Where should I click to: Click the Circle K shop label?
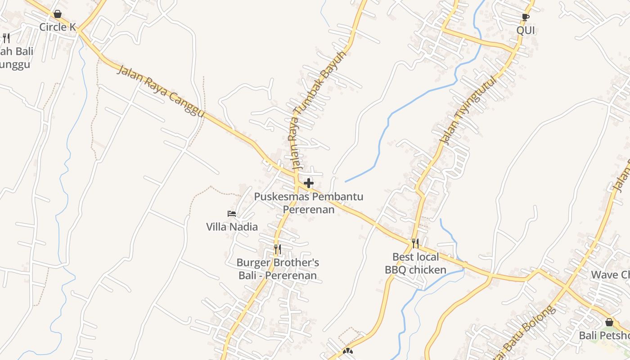pyautogui.click(x=58, y=27)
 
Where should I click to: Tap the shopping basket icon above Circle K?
pyautogui.click(x=58, y=14)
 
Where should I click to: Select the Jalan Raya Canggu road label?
pyautogui.click(x=161, y=91)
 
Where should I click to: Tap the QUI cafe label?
pyautogui.click(x=526, y=31)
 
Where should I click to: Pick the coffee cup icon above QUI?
pyautogui.click(x=525, y=18)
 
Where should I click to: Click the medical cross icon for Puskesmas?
pyautogui.click(x=309, y=183)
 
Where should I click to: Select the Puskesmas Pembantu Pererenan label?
pyautogui.click(x=309, y=203)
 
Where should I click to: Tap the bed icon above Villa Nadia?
pyautogui.click(x=232, y=213)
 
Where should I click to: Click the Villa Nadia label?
pyautogui.click(x=232, y=227)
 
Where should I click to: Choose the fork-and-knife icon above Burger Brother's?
pyautogui.click(x=278, y=249)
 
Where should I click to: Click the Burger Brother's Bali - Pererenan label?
pyautogui.click(x=278, y=269)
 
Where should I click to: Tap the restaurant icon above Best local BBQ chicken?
pyautogui.click(x=415, y=243)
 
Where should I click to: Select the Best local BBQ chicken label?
pyautogui.click(x=415, y=263)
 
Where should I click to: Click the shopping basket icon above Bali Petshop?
pyautogui.click(x=609, y=322)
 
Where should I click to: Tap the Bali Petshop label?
pyautogui.click(x=604, y=336)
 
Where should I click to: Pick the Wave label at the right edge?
pyautogui.click(x=610, y=274)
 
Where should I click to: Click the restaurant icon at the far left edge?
pyautogui.click(x=6, y=38)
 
